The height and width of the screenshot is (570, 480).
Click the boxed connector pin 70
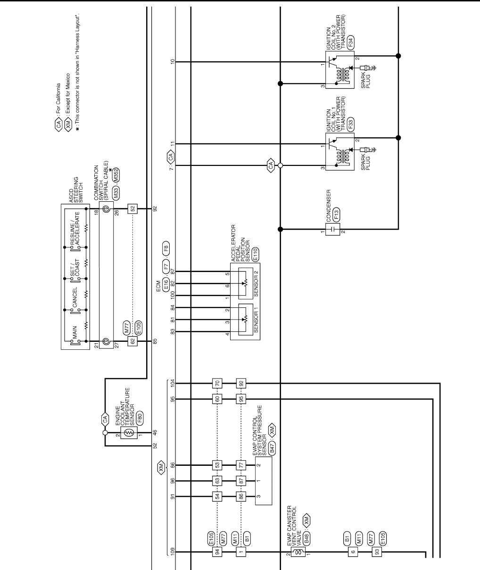coord(216,383)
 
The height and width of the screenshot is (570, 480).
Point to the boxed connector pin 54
coord(216,496)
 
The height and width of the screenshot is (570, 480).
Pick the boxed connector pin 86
coord(241,496)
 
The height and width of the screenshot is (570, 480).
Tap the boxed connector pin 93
coord(376,552)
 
